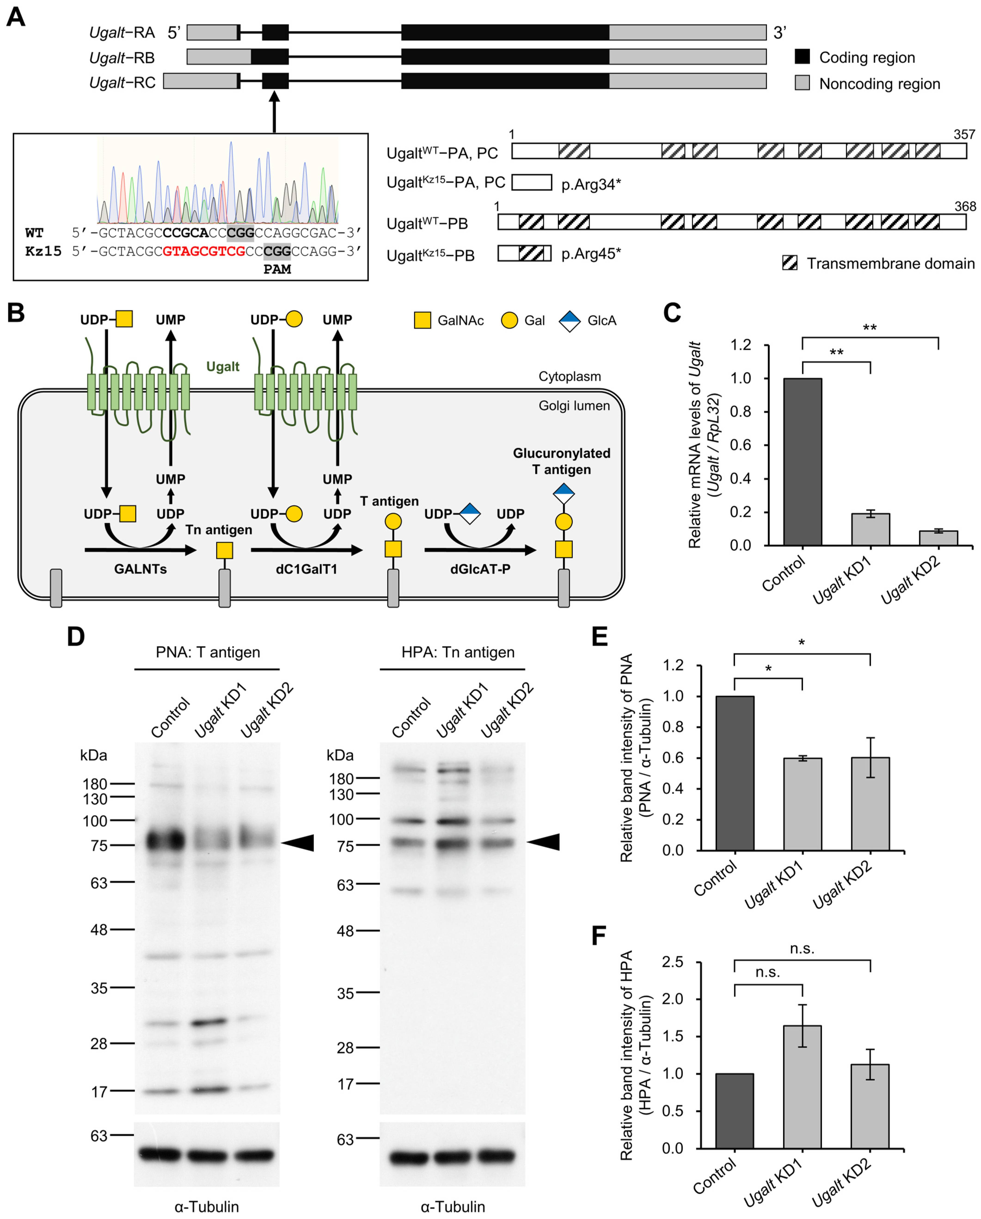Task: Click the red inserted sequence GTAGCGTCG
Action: (x=204, y=251)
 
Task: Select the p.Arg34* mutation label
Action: (x=591, y=184)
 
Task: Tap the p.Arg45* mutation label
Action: (x=591, y=254)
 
